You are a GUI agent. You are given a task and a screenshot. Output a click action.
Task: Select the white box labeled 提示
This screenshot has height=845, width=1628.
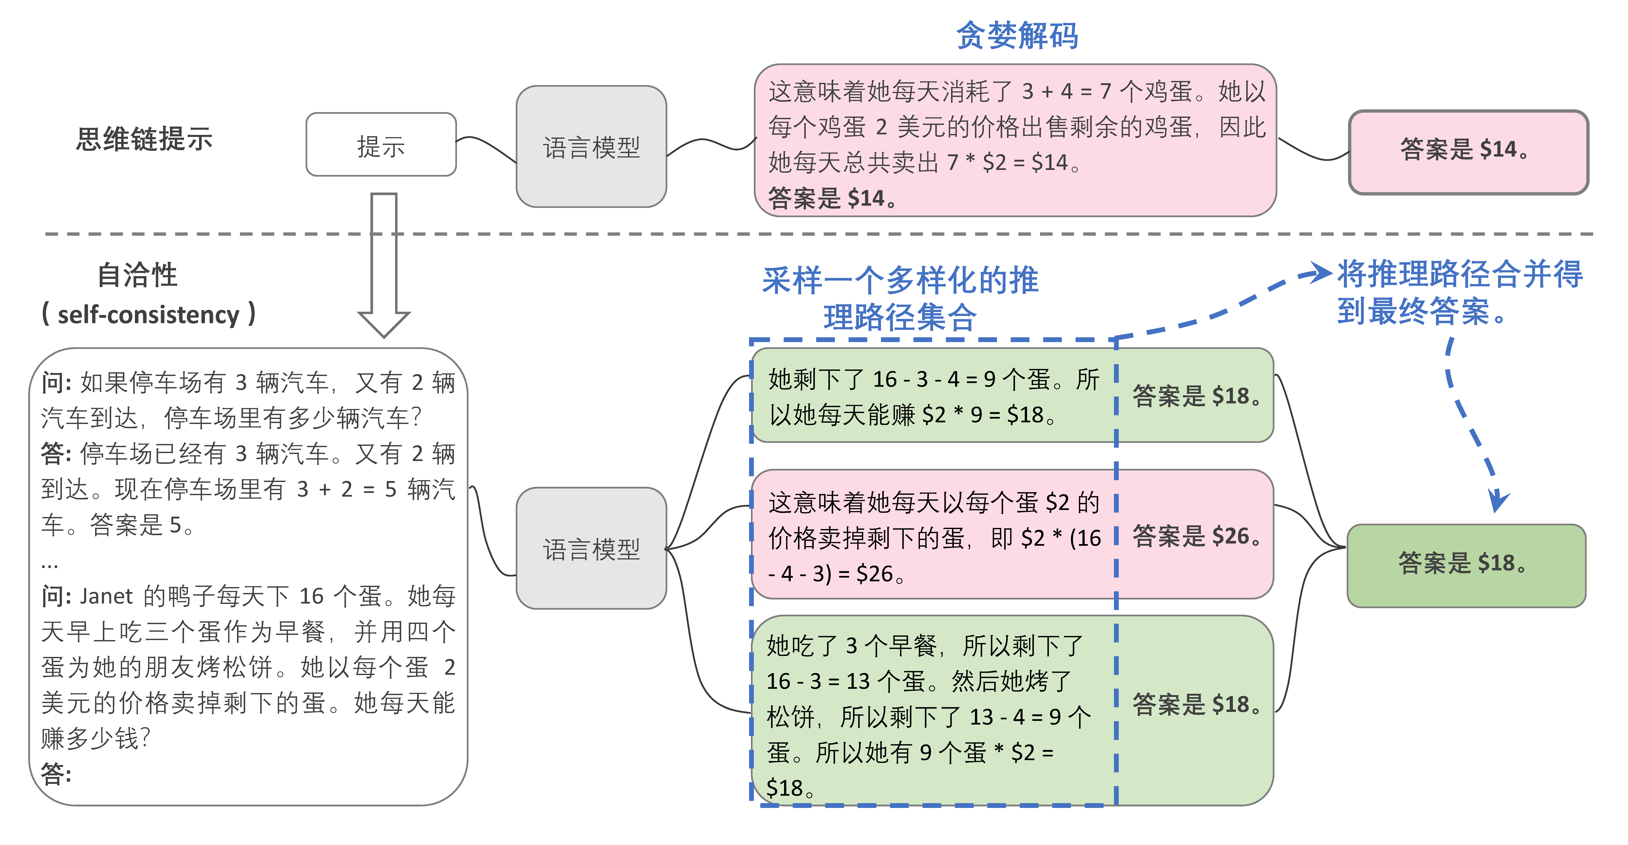pyautogui.click(x=381, y=145)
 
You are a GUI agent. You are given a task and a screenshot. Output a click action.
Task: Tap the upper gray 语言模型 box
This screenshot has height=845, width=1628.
pyautogui.click(x=592, y=147)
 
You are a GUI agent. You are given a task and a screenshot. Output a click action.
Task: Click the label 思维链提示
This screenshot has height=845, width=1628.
pyautogui.click(x=144, y=138)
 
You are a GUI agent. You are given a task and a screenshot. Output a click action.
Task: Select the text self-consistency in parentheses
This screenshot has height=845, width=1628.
pyautogui.click(x=148, y=314)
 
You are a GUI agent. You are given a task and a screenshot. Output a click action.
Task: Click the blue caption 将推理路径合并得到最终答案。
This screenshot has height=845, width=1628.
pyautogui.click(x=1460, y=292)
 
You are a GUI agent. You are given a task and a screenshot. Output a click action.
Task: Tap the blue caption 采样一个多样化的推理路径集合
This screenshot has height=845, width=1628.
pyautogui.click(x=901, y=298)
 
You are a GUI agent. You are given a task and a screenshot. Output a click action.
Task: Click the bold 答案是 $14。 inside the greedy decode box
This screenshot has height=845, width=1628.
pyautogui.click(x=832, y=198)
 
